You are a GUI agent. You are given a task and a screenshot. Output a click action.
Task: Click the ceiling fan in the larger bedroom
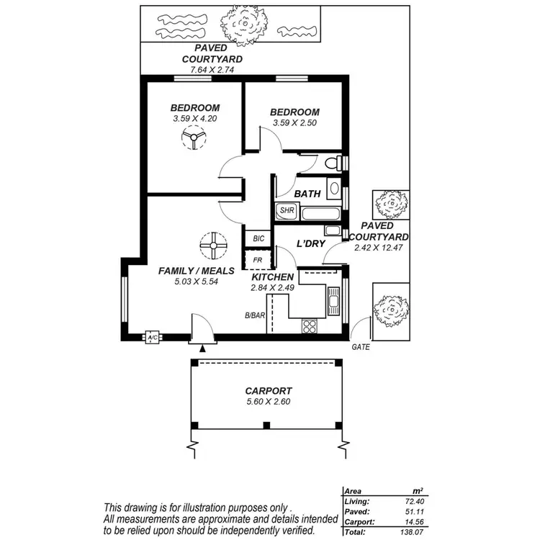pyautogui.click(x=194, y=137)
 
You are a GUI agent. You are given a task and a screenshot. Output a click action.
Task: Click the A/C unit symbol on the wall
pyautogui.click(x=153, y=336)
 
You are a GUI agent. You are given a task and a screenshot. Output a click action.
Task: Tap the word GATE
pyautogui.click(x=361, y=346)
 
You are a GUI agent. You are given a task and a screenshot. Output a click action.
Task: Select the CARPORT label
pyautogui.click(x=269, y=391)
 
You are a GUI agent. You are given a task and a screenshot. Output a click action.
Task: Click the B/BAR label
pyautogui.click(x=253, y=315)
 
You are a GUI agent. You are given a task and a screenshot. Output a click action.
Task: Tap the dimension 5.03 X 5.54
pyautogui.click(x=197, y=282)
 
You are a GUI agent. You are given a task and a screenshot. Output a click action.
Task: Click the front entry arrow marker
pyautogui.click(x=202, y=348)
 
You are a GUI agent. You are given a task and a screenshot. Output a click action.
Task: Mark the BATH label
pyautogui.click(x=307, y=194)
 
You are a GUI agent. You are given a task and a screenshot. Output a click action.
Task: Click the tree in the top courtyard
pyautogui.click(x=246, y=22)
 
